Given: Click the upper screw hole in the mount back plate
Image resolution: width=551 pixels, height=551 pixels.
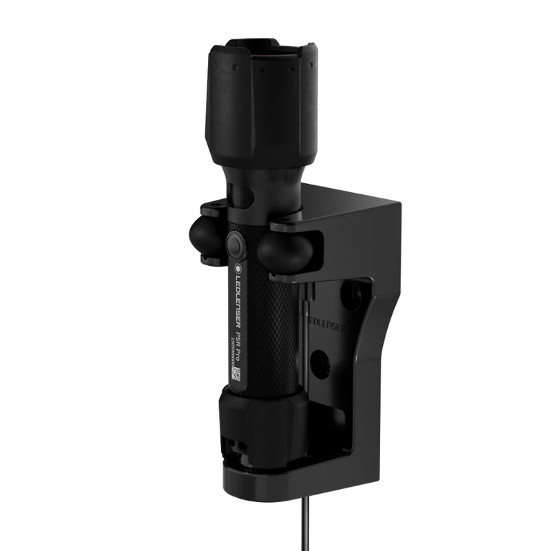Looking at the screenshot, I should coord(356,293).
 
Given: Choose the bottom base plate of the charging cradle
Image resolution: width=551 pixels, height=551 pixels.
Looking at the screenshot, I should coord(289,479).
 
